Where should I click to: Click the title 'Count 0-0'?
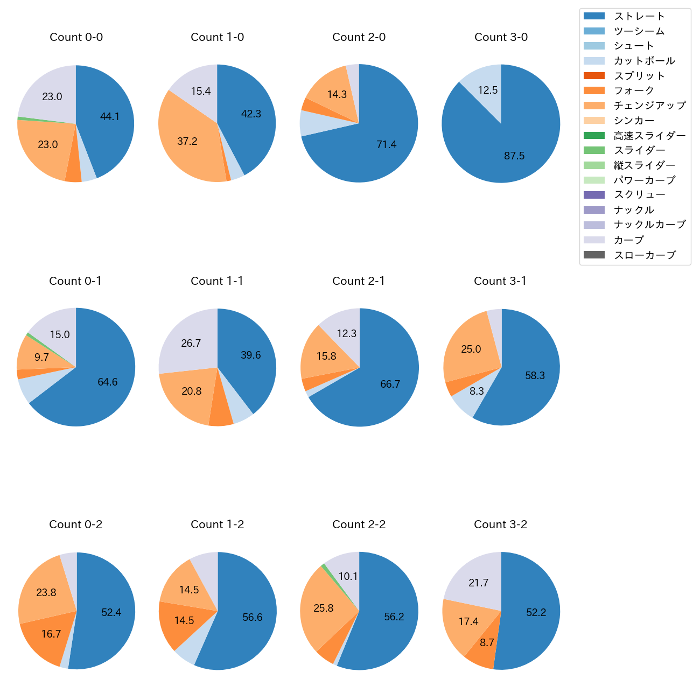pyautogui.click(x=76, y=37)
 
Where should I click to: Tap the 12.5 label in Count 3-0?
pyautogui.click(x=488, y=90)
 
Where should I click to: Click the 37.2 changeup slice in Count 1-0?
pyautogui.click(x=186, y=143)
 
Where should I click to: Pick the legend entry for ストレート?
pyautogui.click(x=639, y=16)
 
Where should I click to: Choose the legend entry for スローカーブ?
pyautogui.click(x=645, y=255)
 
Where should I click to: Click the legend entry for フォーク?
pyautogui.click(x=634, y=90)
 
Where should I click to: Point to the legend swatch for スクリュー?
pyautogui.click(x=594, y=195)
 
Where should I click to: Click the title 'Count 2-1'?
pyautogui.click(x=359, y=281)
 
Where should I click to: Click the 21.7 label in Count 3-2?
pyautogui.click(x=478, y=583)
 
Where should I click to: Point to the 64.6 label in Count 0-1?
pyautogui.click(x=108, y=382)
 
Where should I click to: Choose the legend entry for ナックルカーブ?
pyautogui.click(x=649, y=225)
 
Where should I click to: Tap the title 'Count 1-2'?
pyautogui.click(x=218, y=524)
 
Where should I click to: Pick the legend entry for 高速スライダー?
pyautogui.click(x=649, y=136)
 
